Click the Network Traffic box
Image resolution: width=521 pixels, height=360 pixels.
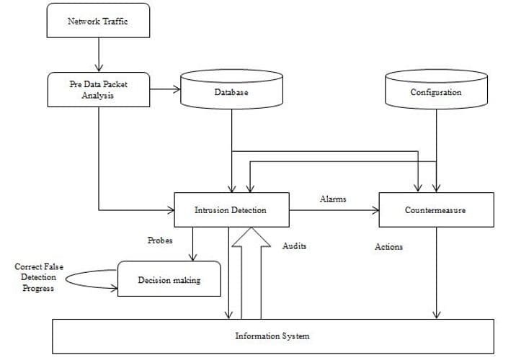point(98,20)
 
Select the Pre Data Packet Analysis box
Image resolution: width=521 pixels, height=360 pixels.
point(99,90)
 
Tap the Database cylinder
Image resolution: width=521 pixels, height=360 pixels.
point(231,89)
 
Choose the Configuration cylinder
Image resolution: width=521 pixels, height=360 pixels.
point(436,89)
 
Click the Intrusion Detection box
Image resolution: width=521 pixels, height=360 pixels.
point(231,210)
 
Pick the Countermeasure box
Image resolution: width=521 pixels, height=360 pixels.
point(436,210)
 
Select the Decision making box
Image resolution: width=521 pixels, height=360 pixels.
point(169,279)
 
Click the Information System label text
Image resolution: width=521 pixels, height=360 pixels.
point(272,336)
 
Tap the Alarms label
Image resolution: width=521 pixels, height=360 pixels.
point(333,199)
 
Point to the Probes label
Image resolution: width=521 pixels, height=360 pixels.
point(160,240)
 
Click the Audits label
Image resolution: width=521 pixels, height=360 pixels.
point(295,246)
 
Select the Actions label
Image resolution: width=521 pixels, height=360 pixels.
point(388,247)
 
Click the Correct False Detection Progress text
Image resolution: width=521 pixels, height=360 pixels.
point(38,277)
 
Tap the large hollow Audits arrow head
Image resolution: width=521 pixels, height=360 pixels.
point(251,237)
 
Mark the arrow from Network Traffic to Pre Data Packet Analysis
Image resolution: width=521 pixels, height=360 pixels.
point(99,55)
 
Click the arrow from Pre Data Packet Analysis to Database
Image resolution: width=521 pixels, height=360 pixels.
point(165,89)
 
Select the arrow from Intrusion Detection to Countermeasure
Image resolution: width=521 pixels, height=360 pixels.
point(334,210)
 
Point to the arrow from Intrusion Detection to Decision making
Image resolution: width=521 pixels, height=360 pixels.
point(192,244)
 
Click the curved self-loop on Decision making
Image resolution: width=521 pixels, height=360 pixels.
point(66,279)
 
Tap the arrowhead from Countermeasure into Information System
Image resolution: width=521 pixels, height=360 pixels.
point(436,315)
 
